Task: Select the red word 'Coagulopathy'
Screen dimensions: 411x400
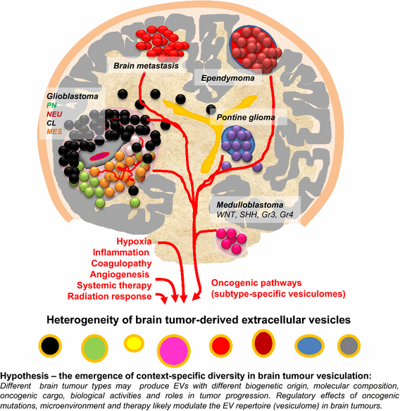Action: point(122,264)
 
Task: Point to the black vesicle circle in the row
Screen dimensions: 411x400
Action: point(49,345)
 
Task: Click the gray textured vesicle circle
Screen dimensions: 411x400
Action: point(350,345)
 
